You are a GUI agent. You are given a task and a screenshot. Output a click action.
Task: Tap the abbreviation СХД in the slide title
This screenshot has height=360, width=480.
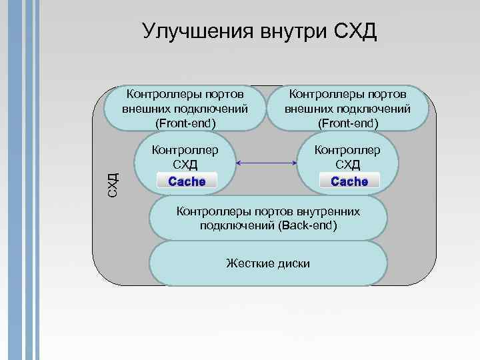coord(353,31)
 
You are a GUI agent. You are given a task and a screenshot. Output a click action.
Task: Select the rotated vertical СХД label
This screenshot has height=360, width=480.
coord(114,183)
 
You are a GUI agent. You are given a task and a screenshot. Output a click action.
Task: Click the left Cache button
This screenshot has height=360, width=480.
coord(187,181)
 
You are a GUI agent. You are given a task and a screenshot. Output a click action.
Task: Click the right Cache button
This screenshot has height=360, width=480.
coord(349,181)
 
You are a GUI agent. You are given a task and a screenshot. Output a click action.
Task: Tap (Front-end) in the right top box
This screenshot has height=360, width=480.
coord(347,123)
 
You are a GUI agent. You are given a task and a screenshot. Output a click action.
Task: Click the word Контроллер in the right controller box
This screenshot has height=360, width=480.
coord(347,150)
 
